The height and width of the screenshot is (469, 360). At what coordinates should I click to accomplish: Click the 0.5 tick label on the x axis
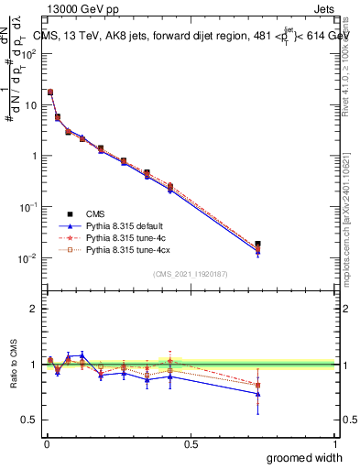(191, 442)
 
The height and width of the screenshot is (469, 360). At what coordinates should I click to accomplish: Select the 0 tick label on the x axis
(46, 442)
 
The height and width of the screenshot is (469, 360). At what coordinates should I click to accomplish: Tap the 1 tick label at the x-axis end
(334, 442)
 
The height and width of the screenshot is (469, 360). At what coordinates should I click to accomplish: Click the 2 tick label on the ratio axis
(34, 309)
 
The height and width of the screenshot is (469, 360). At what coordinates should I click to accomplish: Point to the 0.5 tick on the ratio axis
(28, 420)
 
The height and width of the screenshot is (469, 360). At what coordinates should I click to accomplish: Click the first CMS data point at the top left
(50, 92)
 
